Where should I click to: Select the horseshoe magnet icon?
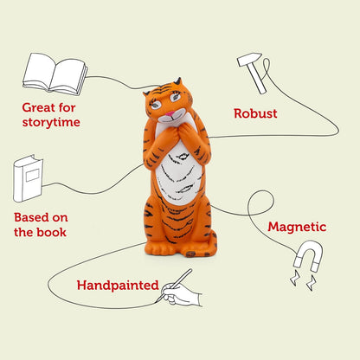tap(305, 257)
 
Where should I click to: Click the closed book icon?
tap(27, 179)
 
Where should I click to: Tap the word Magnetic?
tap(297, 228)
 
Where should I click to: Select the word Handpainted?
tap(117, 284)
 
